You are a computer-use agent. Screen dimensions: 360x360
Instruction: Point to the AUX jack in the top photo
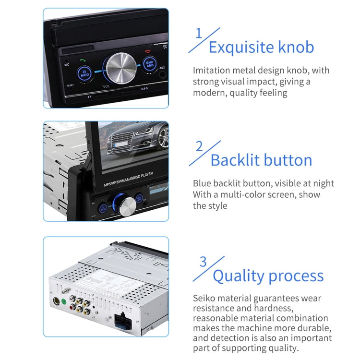pos(162,74)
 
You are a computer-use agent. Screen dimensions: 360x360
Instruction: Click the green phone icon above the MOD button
pos(83,60)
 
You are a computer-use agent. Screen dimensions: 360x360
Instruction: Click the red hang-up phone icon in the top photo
pos(147,51)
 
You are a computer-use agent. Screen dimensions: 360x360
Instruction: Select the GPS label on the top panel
pos(144,89)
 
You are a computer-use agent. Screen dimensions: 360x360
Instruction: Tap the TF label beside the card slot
pos(89,97)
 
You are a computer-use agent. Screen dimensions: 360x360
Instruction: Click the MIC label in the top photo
pos(67,64)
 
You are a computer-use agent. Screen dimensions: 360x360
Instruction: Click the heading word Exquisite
pos(235,47)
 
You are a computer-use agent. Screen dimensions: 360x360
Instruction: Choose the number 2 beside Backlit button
pos(199,146)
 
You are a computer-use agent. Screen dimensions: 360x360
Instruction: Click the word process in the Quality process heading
pos(296,276)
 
